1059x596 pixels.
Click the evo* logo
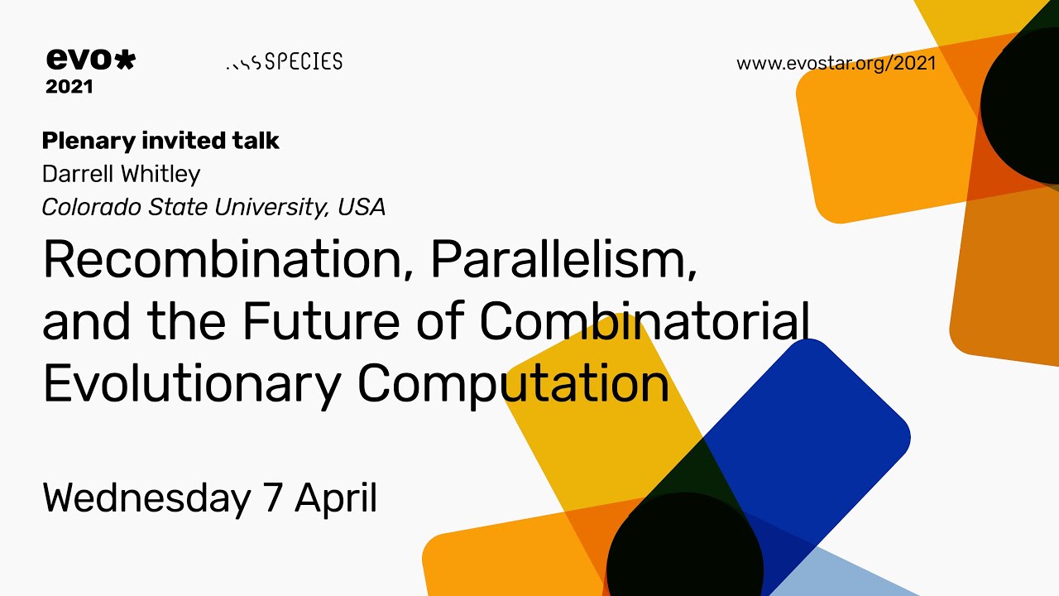tap(90, 60)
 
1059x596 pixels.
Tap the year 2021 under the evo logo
tap(69, 86)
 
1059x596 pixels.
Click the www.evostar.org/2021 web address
tap(836, 64)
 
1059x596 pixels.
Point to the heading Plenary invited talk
tap(161, 142)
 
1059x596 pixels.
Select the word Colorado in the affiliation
tap(93, 207)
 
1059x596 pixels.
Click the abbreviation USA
tap(362, 207)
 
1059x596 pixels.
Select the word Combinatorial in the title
tap(644, 322)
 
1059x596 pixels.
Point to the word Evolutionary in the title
tap(191, 384)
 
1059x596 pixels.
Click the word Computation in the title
tap(513, 384)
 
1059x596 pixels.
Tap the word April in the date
tap(336, 498)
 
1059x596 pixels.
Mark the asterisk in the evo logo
tap(123, 60)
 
